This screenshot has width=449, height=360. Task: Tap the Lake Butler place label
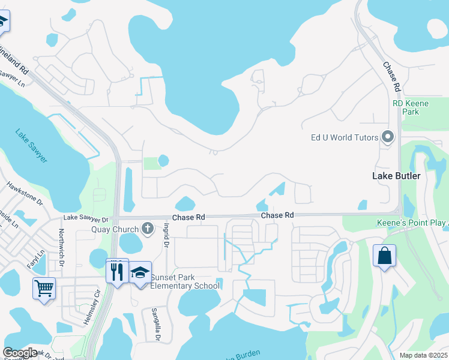[x=397, y=176]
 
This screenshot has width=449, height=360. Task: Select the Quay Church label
[x=115, y=229]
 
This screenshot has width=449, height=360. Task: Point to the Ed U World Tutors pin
[x=388, y=137]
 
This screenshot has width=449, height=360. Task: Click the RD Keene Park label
[x=411, y=107]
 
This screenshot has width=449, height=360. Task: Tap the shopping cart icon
[x=44, y=289]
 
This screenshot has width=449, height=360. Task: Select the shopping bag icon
[x=384, y=256]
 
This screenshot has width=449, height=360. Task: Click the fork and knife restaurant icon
[x=118, y=270]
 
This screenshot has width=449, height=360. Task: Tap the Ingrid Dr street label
[x=166, y=235]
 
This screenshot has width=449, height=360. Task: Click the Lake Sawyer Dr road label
[x=86, y=219]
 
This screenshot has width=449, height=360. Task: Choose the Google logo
[x=20, y=353]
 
